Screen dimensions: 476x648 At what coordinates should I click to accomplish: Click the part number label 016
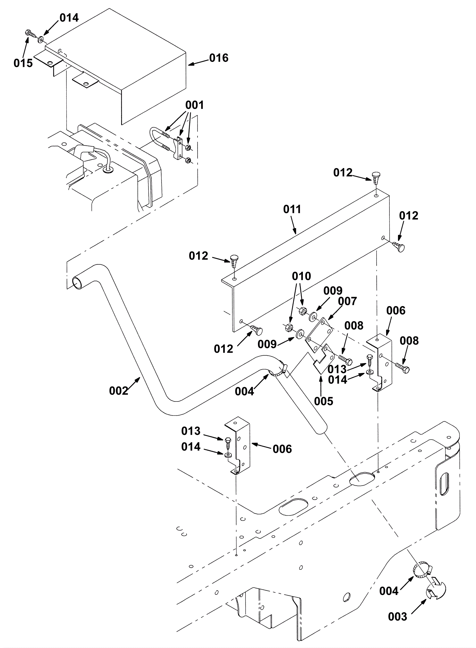coord(219,58)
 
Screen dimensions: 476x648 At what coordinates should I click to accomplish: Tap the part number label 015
coord(23,63)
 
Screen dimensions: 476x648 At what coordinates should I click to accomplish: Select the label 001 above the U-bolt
coord(195,105)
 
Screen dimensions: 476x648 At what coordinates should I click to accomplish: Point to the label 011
coord(292,209)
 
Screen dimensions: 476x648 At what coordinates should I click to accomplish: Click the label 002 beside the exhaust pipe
coord(119,391)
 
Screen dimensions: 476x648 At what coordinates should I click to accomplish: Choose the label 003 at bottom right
coord(397,617)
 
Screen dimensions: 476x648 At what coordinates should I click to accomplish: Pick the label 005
coord(324,401)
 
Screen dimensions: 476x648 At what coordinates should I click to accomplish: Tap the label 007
coord(347,301)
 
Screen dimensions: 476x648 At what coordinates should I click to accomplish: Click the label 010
coord(301,276)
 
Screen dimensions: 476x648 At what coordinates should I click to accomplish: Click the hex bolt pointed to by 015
coord(29,33)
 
